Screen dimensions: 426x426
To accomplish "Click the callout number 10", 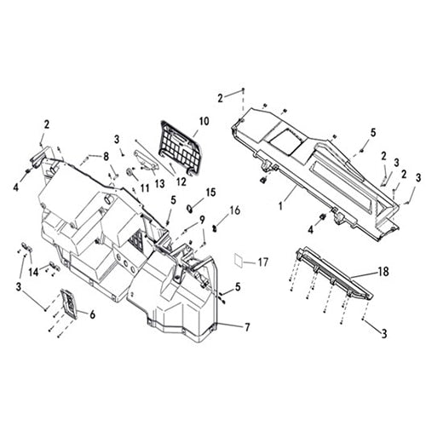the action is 204,121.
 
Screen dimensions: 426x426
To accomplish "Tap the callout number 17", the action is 263,262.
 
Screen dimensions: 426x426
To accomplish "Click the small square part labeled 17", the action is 239,259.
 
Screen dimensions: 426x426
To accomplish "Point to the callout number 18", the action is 383,272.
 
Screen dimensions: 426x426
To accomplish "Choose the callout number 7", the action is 247,327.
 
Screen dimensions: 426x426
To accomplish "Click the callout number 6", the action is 92,314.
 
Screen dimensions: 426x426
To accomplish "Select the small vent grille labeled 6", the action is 68,302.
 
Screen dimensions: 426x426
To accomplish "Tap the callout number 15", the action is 210,193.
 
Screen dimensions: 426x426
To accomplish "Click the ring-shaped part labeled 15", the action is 190,208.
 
